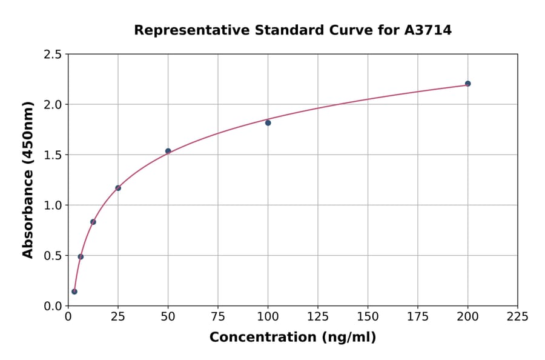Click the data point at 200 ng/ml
[467, 84]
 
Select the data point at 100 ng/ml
[268, 122]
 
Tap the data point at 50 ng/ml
[168, 151]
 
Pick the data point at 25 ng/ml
[118, 188]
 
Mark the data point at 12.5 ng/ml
[93, 222]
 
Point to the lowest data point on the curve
[74, 292]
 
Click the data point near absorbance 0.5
[81, 256]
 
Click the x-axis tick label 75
[218, 316]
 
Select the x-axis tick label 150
[368, 316]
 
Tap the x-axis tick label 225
[517, 316]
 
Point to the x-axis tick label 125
[317, 316]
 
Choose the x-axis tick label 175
[417, 316]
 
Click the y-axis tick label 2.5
[53, 55]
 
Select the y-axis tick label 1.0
[53, 205]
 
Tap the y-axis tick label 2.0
[53, 105]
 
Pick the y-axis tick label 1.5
[53, 155]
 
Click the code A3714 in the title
[428, 30]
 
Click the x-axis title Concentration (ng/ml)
[292, 338]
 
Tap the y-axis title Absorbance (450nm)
[28, 180]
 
